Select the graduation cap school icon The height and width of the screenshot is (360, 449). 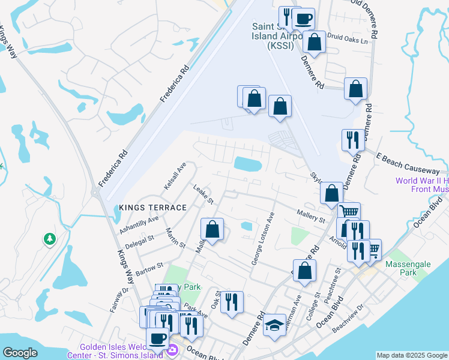coord(275,326)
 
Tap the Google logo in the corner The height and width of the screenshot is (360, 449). coord(20,353)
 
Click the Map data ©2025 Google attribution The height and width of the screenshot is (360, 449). coord(412,355)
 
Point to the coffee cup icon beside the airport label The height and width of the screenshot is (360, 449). coord(304,19)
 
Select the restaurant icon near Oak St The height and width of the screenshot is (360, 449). coord(232,301)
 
